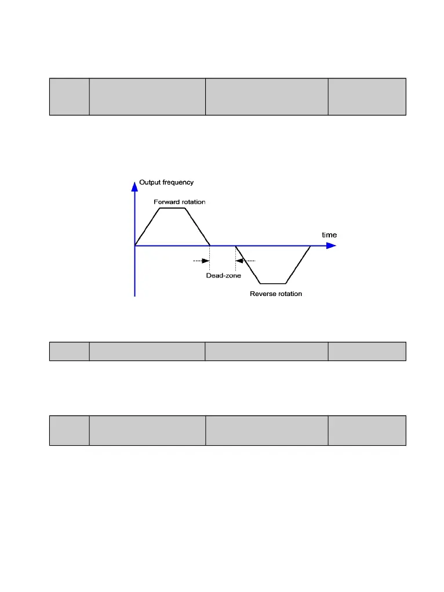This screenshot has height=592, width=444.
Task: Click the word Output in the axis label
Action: (150, 182)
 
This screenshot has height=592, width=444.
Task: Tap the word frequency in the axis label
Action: (178, 182)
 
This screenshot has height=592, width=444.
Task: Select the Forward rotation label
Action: (179, 202)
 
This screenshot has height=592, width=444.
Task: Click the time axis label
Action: (329, 235)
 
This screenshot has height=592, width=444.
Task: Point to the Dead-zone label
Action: (224, 276)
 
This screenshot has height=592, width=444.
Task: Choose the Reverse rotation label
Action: (276, 294)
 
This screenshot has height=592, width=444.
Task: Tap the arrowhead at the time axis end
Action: (331, 246)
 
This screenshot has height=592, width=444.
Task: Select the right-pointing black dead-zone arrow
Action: (205, 261)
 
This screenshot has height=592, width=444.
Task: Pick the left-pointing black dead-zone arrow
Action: (240, 261)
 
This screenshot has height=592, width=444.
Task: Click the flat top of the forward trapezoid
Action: (172, 208)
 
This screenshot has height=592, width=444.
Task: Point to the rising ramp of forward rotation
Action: (147, 226)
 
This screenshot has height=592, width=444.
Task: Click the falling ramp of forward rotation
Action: (197, 227)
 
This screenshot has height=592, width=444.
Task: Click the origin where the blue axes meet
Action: (135, 246)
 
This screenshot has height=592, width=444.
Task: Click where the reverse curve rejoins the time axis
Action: (311, 246)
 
